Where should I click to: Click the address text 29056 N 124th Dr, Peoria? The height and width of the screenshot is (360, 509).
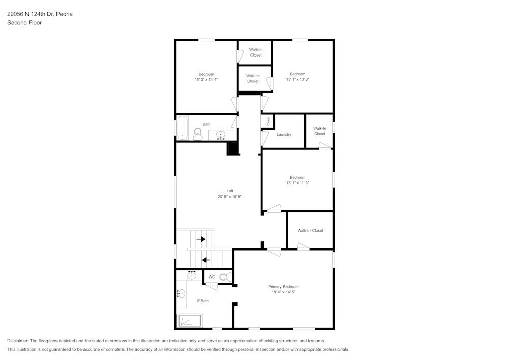point(40,14)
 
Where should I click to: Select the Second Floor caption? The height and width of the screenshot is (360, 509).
point(24,23)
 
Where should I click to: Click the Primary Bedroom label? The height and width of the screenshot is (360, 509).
point(283,287)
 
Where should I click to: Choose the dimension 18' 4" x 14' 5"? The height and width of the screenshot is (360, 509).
point(283,292)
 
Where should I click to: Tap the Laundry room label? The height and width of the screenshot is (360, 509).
point(284,135)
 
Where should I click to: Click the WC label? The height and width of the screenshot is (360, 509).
point(212,277)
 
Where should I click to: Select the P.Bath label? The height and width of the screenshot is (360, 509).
point(203,301)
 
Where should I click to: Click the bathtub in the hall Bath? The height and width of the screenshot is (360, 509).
point(182,127)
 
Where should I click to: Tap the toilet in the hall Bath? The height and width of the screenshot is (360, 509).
point(198,134)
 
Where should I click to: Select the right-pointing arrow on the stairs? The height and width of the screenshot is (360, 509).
point(201,239)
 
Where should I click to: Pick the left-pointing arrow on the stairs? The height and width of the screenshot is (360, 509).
point(206,260)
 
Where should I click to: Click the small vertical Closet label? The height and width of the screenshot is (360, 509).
point(268,121)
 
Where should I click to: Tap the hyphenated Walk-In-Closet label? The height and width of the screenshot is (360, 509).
point(310,231)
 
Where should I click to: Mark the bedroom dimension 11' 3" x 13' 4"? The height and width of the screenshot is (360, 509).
point(206,80)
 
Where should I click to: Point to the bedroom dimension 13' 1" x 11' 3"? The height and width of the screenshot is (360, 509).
point(298,183)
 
